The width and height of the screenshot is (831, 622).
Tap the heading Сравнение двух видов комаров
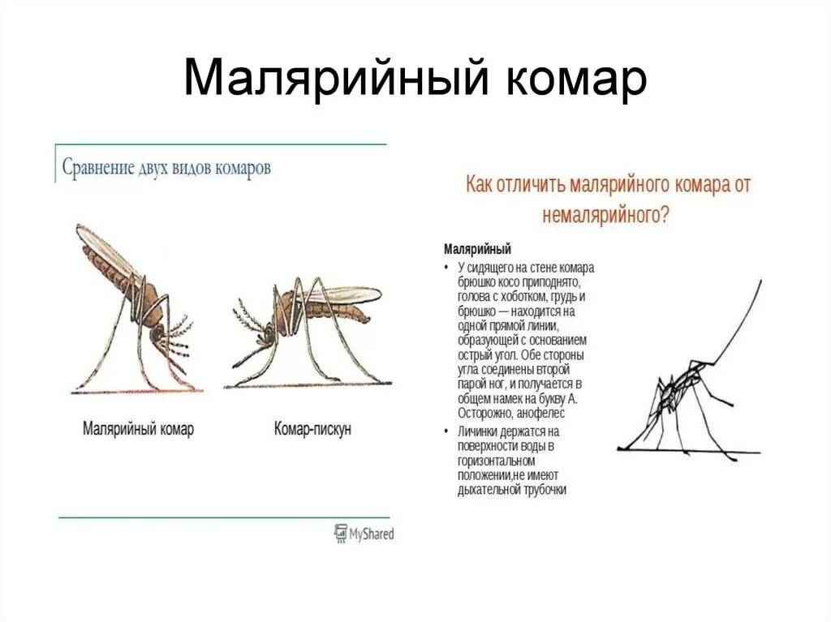click(166, 168)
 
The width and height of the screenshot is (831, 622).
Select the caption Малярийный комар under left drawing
click(139, 429)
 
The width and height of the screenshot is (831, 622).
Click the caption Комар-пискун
click(312, 429)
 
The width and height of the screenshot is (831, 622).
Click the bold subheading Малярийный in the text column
click(477, 248)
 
